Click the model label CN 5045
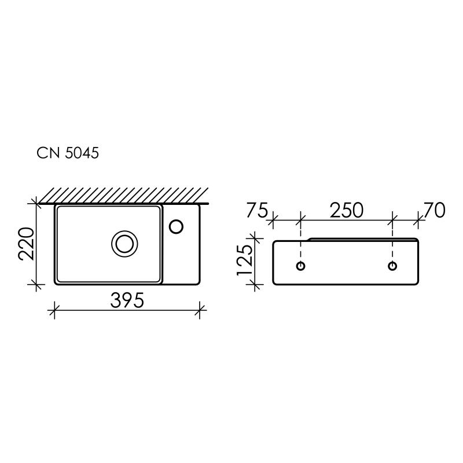[x=68, y=153]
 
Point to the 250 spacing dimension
[x=347, y=210]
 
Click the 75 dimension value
[x=256, y=210]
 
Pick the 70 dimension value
[x=434, y=210]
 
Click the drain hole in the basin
[x=124, y=243]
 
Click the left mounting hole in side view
[x=300, y=266]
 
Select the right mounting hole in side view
[x=392, y=266]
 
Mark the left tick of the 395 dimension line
[x=54, y=310]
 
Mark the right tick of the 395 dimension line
[x=200, y=310]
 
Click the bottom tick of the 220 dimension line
[x=37, y=284]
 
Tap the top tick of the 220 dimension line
[x=37, y=203]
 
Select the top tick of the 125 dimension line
[x=253, y=237]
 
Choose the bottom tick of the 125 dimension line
[x=253, y=284]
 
